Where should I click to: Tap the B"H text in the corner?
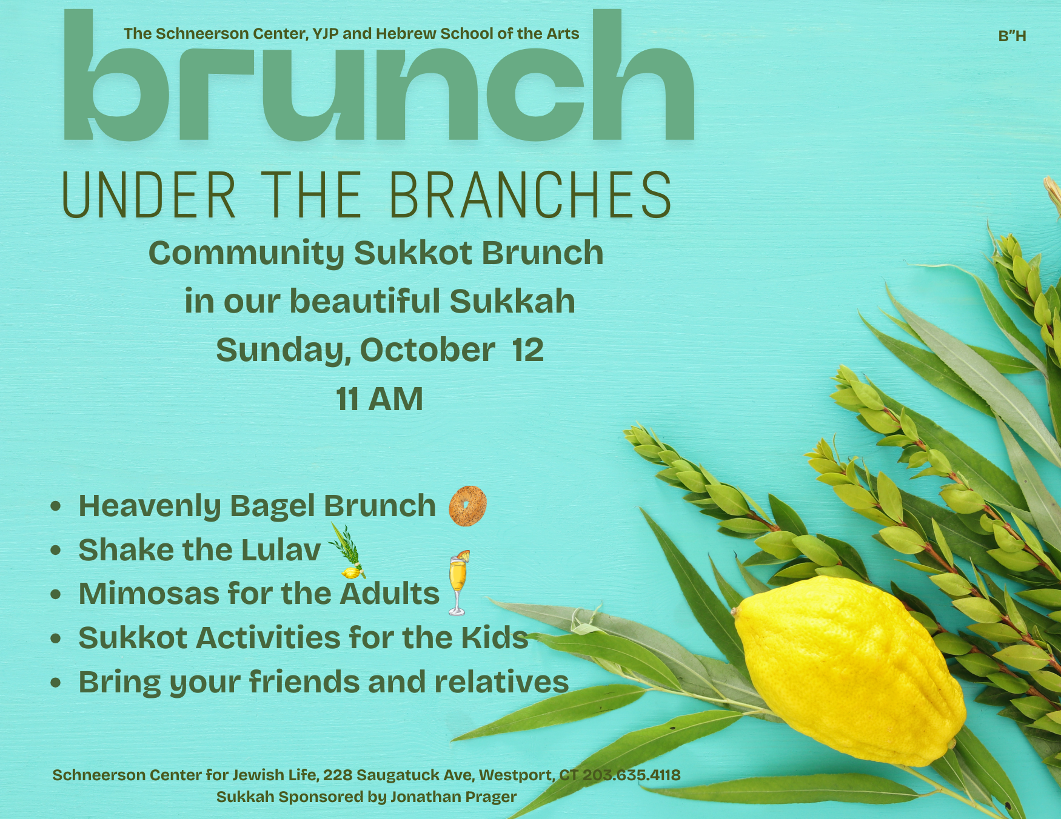point(1012,36)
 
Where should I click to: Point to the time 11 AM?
point(380,399)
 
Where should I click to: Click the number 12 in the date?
point(527,350)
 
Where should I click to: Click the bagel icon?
point(467,506)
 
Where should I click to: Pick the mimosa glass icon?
point(458,583)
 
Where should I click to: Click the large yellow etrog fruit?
point(849,669)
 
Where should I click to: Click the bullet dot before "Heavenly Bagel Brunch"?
point(56,506)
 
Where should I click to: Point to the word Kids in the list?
point(495,638)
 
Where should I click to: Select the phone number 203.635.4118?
point(631,775)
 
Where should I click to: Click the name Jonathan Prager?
point(454,797)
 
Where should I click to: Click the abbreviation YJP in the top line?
point(326,34)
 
